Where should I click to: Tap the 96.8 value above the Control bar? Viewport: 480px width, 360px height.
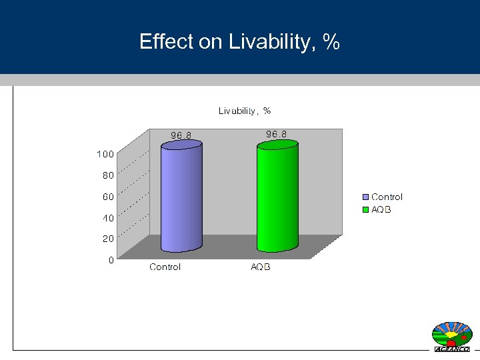click(181, 135)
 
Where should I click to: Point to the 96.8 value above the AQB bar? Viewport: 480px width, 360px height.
click(277, 134)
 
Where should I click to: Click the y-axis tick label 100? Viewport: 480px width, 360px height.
click(105, 154)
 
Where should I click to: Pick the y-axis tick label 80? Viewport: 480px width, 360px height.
click(107, 175)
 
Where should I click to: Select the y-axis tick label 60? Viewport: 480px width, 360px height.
click(107, 197)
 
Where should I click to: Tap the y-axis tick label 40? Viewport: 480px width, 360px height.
click(107, 217)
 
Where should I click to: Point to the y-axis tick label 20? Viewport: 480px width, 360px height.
click(107, 238)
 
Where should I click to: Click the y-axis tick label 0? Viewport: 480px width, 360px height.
click(111, 260)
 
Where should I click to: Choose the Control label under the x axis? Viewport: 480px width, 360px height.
click(165, 267)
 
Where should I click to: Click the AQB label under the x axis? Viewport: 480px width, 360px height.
click(261, 267)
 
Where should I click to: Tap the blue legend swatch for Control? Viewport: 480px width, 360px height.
click(366, 197)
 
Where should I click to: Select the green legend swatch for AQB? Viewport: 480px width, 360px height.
click(366, 210)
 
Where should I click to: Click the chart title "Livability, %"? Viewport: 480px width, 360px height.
click(245, 111)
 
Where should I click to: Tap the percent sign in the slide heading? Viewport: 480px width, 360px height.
click(331, 43)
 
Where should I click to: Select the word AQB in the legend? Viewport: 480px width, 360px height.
click(381, 210)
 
